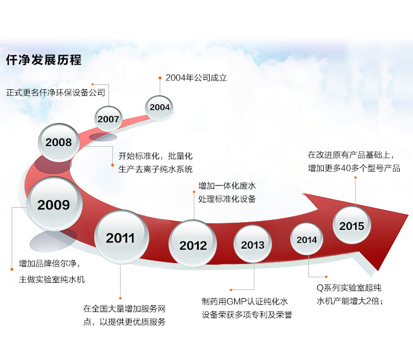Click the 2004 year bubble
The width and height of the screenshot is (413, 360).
pyautogui.click(x=159, y=108)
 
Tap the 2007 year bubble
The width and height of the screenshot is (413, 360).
pyautogui.click(x=108, y=119)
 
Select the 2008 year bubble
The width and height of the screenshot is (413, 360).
pyautogui.click(x=59, y=142)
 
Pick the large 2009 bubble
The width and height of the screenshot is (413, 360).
pyautogui.click(x=55, y=204)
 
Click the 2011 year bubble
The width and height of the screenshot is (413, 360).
pyautogui.click(x=121, y=238)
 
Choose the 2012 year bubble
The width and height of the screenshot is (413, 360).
pyautogui.click(x=193, y=244)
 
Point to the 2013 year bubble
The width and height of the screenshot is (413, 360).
pyautogui.click(x=253, y=244)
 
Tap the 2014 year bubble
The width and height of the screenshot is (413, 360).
pyautogui.click(x=307, y=239)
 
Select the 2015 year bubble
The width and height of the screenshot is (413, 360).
pyautogui.click(x=352, y=225)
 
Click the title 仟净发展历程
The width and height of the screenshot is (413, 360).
pyautogui.click(x=44, y=60)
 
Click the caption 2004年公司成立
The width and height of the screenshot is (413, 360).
pyautogui.click(x=196, y=78)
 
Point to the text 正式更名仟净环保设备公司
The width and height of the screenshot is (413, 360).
pyautogui.click(x=56, y=93)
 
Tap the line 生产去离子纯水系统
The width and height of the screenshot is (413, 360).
pyautogui.click(x=155, y=169)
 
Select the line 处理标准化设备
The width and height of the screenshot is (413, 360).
pyautogui.click(x=227, y=198)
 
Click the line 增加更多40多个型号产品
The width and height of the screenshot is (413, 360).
pyautogui.click(x=354, y=168)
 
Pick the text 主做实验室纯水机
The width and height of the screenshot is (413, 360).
pyautogui.click(x=52, y=280)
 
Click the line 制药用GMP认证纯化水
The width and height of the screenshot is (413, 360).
pyautogui.click(x=244, y=302)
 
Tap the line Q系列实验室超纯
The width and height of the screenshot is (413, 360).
pyautogui.click(x=349, y=288)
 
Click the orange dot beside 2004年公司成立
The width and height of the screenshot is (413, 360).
pyautogui.click(x=160, y=78)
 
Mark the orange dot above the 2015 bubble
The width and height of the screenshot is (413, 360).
pyautogui.click(x=356, y=178)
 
